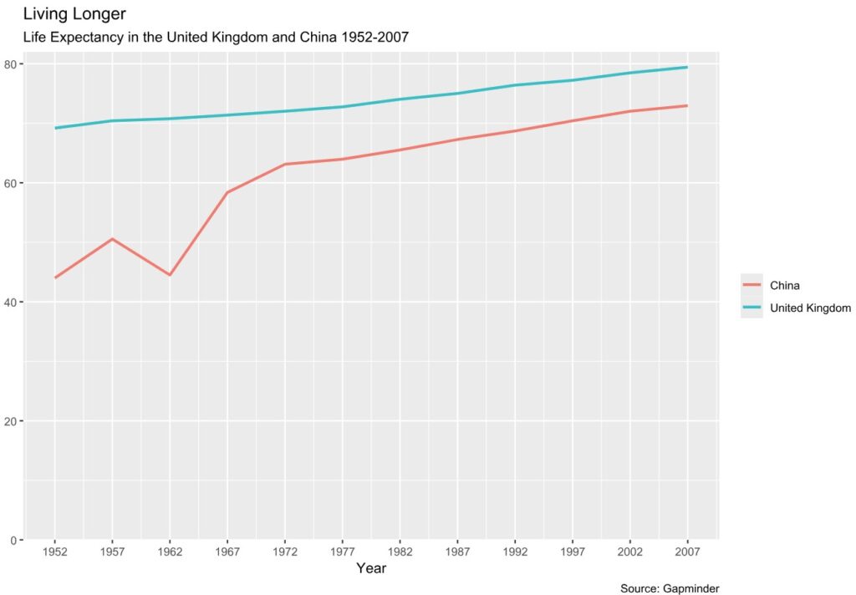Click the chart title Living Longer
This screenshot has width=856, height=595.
coord(74,14)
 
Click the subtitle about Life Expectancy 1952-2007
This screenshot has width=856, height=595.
coord(215,38)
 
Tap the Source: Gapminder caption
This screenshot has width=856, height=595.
coord(670,588)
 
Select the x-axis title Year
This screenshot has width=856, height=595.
coord(371,569)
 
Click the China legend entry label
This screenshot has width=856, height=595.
coord(784,286)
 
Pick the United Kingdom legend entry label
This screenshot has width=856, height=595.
coord(809,308)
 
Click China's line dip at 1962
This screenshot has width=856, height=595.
coord(170,275)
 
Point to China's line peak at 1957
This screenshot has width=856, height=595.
coord(112,239)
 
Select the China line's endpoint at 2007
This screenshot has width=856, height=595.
coord(687,105)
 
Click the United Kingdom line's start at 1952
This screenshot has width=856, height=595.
coord(54,128)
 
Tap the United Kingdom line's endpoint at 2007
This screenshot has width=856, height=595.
coord(687,67)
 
